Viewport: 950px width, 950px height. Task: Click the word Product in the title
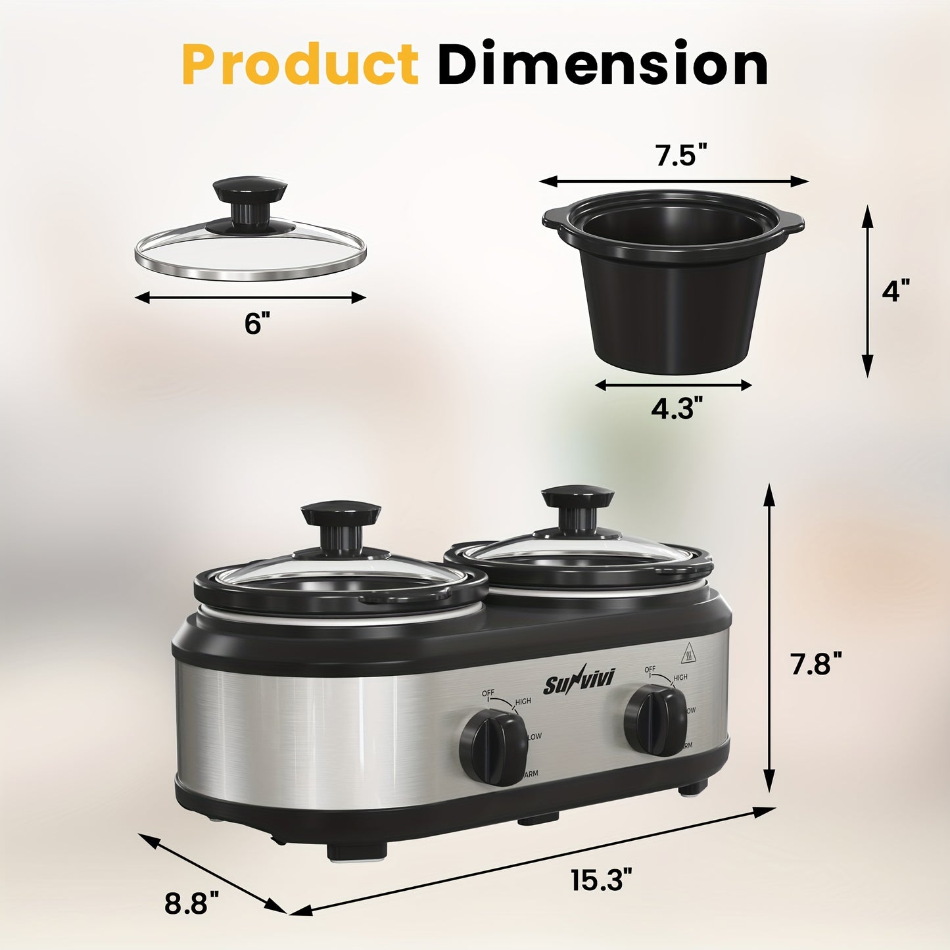tap(300, 64)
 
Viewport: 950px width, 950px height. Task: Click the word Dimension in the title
tap(602, 64)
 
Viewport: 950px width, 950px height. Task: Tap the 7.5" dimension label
tap(680, 156)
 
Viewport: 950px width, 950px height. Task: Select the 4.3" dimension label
tap(673, 409)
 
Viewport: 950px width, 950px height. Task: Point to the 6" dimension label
tap(257, 323)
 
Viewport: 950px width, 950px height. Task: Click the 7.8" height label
tap(815, 663)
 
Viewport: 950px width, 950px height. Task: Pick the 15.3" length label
tap(601, 880)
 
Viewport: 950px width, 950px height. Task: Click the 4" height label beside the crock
tap(895, 290)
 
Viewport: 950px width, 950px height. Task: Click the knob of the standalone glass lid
tap(250, 194)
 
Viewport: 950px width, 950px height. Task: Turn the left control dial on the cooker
tap(493, 749)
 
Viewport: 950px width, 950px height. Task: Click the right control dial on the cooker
tap(655, 720)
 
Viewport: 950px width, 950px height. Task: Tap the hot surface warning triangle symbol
tap(687, 651)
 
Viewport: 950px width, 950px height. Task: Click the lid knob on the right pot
tap(578, 500)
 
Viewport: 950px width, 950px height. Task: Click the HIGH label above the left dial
tap(523, 701)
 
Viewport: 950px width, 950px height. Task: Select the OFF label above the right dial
tap(650, 670)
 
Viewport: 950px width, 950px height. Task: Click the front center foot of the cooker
tap(357, 851)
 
